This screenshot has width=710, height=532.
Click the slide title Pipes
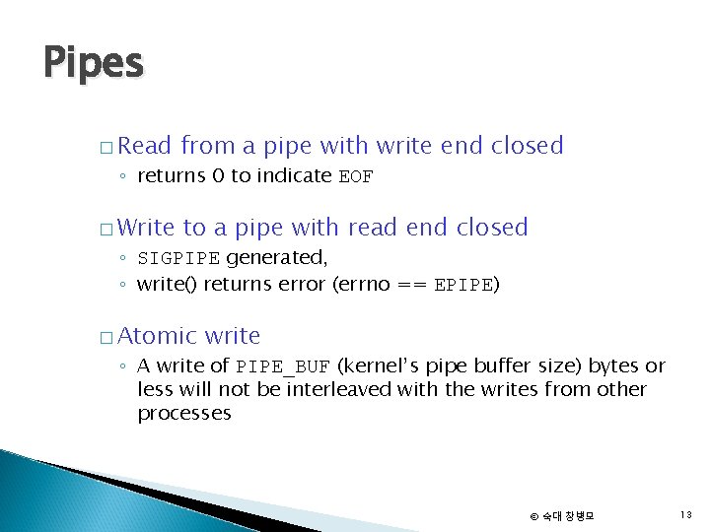tap(94, 64)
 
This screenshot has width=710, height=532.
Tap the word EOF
tap(356, 177)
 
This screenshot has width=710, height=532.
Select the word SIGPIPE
tap(179, 259)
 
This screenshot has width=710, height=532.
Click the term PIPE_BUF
tap(284, 366)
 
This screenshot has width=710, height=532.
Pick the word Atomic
tap(158, 336)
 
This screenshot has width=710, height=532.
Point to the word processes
tap(184, 414)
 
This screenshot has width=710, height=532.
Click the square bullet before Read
tap(106, 149)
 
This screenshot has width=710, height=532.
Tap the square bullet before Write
tap(106, 231)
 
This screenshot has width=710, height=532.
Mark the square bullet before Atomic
tap(106, 339)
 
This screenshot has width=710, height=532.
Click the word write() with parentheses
tap(168, 286)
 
